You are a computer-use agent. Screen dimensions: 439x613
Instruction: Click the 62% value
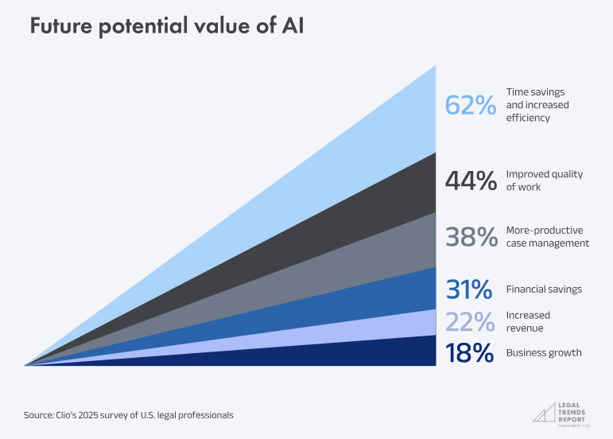(471, 105)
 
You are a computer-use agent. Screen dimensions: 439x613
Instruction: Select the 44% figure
(471, 181)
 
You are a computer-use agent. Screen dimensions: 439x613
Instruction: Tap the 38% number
(471, 237)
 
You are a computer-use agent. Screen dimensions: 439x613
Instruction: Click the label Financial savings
(544, 289)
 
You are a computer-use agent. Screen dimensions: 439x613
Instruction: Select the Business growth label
(544, 353)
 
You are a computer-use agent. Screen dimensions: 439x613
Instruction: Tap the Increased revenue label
(528, 321)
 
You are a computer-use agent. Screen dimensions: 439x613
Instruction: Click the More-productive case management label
(547, 237)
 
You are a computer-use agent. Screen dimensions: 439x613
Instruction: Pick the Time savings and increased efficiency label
(537, 105)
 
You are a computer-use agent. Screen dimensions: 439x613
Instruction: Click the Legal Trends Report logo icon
(545, 411)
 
